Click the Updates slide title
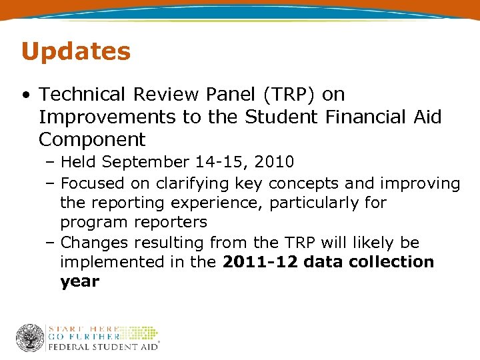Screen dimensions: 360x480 (75, 51)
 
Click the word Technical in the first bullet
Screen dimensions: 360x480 (81, 95)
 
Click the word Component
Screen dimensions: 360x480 (91, 140)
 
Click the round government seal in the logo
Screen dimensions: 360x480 (30, 338)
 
